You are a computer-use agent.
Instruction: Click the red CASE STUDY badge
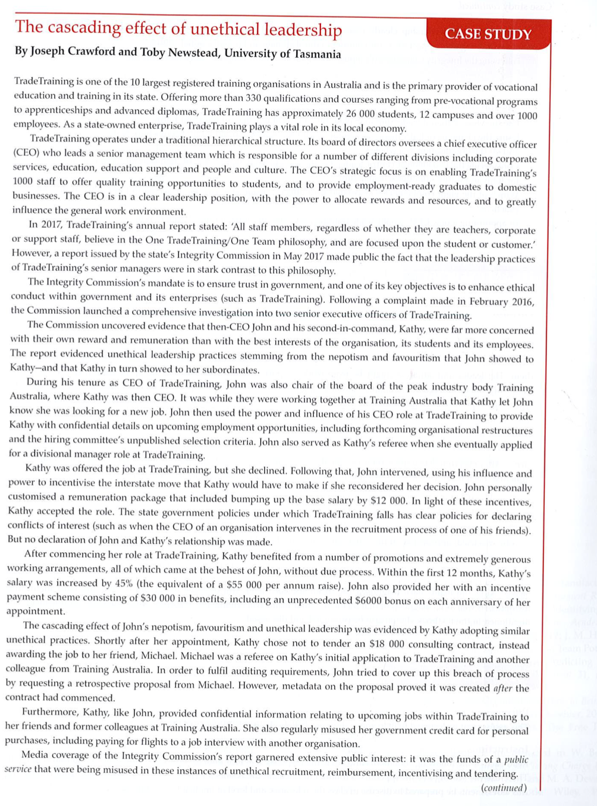(x=488, y=34)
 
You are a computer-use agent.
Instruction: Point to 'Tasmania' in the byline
(x=316, y=54)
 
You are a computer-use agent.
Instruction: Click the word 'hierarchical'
(x=236, y=141)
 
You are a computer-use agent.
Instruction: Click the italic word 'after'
(x=502, y=688)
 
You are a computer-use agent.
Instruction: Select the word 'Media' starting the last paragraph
(x=34, y=755)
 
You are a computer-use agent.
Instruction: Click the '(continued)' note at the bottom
(x=504, y=788)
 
